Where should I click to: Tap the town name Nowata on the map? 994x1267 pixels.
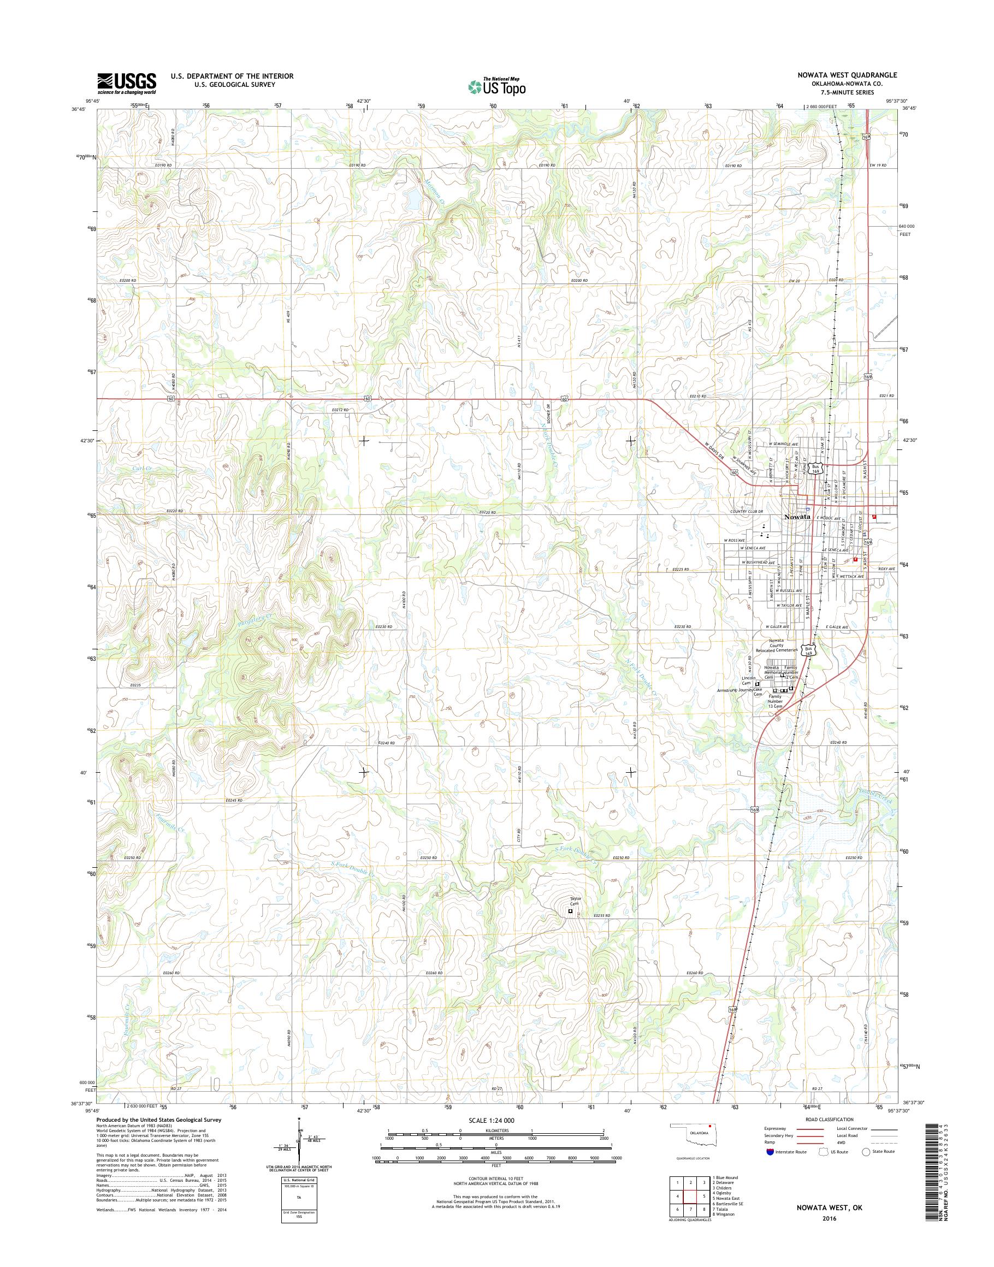pos(797,517)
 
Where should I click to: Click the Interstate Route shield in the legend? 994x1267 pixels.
pos(771,1151)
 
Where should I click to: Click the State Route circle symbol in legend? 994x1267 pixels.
pos(866,1151)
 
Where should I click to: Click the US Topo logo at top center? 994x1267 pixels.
pos(497,87)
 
